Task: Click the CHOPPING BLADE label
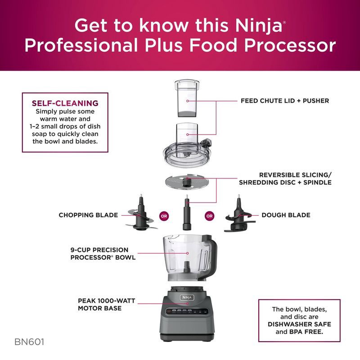click(88, 215)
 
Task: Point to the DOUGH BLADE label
click(286, 215)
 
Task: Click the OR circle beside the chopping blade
click(164, 215)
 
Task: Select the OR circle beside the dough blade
click(209, 215)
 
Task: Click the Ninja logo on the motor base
click(186, 297)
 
